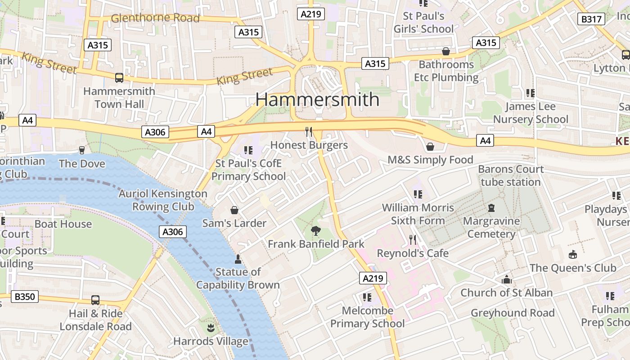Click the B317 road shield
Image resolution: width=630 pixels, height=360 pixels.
(591, 19)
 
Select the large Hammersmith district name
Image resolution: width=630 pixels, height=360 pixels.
(318, 99)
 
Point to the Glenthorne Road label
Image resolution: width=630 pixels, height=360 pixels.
(155, 18)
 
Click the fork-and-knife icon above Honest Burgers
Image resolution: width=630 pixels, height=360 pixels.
(309, 131)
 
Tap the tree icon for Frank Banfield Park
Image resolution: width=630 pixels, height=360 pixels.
(316, 231)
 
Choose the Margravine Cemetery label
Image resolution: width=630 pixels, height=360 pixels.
(491, 227)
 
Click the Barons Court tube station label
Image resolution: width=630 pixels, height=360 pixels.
(511, 175)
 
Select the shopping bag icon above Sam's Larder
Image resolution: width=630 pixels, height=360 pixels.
(234, 210)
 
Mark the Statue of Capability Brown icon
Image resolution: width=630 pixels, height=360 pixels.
(238, 259)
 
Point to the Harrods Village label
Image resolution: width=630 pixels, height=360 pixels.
(211, 341)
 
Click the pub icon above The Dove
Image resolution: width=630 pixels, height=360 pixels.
(82, 150)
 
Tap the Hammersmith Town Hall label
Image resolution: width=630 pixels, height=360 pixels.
(119, 98)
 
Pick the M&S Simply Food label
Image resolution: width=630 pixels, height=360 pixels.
(430, 160)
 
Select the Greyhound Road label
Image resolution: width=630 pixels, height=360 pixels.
(513, 313)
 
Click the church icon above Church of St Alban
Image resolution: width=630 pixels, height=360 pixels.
(507, 279)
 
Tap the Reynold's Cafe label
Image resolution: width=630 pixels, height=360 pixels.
(413, 253)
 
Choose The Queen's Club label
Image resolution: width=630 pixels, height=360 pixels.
(572, 268)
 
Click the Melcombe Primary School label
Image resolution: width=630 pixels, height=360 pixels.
(367, 317)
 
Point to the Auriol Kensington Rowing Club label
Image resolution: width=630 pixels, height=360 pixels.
(163, 200)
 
